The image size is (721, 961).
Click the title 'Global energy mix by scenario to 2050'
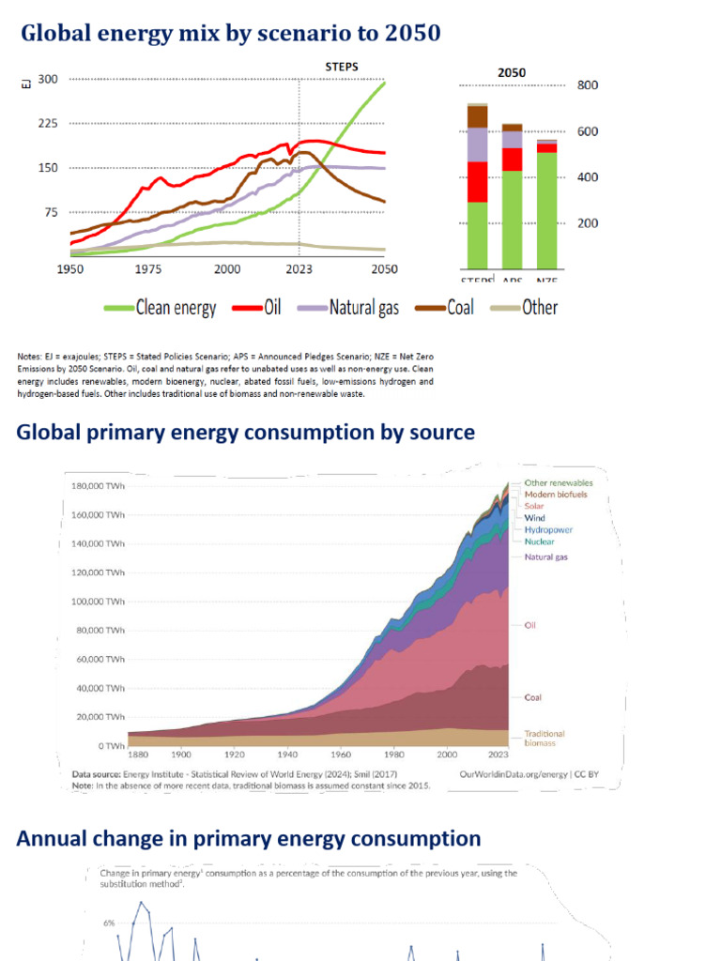point(230,35)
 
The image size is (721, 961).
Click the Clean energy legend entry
point(160,308)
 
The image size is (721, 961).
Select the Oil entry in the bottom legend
point(262,308)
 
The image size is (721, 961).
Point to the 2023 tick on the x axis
point(299,267)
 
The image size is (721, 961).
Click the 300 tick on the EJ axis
point(47,80)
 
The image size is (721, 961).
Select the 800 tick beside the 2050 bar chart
point(588,85)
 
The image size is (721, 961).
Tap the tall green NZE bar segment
point(545,209)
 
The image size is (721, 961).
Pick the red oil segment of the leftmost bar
point(477,182)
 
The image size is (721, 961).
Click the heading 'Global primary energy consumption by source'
point(246,433)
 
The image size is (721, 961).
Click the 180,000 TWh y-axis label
point(99,486)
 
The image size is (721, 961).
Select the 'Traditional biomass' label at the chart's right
point(545,739)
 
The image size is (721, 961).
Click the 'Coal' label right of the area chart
point(533,697)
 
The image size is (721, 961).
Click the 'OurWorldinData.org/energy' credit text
point(514,775)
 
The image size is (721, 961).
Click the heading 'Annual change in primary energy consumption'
point(249,839)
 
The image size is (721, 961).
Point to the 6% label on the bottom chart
point(109,923)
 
